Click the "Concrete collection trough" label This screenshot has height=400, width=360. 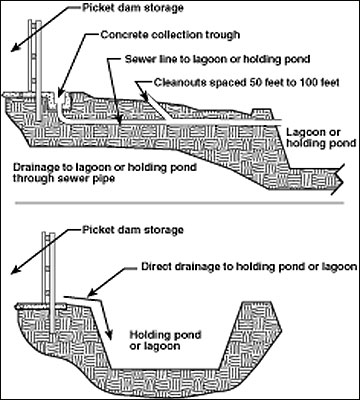pyautogui.click(x=170, y=34)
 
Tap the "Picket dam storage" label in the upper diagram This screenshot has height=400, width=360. pyautogui.click(x=133, y=8)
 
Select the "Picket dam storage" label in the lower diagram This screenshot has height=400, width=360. pyautogui.click(x=133, y=230)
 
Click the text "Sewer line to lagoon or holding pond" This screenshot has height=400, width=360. pyautogui.click(x=218, y=59)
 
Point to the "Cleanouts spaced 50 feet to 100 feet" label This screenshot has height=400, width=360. pyautogui.click(x=247, y=82)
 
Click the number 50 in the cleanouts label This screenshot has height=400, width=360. pyautogui.click(x=255, y=82)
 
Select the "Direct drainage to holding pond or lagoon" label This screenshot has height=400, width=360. pyautogui.click(x=249, y=267)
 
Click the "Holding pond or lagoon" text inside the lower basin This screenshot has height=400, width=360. pyautogui.click(x=165, y=340)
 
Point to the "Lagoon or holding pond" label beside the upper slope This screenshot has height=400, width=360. pyautogui.click(x=321, y=138)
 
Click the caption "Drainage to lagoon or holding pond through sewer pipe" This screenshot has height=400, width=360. pyautogui.click(x=105, y=172)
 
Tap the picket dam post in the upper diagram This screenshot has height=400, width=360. pyautogui.click(x=39, y=71)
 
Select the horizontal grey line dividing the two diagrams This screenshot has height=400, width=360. pyautogui.click(x=179, y=203)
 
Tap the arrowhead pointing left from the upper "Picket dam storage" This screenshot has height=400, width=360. pyautogui.click(x=14, y=49)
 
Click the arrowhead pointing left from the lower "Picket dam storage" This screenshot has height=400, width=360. pyautogui.click(x=14, y=271)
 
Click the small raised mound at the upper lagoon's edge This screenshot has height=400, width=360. pyautogui.click(x=263, y=114)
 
